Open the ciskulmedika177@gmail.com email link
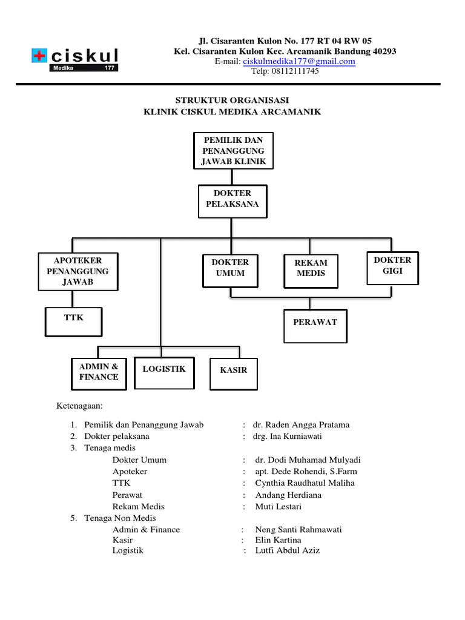pos(299,61)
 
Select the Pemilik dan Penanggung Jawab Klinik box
pos(233,151)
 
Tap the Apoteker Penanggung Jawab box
pos(77,271)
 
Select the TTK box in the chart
pos(73,322)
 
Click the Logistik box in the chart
pos(164,372)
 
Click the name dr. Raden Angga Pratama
pos(302,424)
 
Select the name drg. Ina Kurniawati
pos(295,436)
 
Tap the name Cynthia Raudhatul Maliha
pos(305,483)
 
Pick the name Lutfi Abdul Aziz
pos(287,550)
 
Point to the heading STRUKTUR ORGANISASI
pos(232,100)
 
